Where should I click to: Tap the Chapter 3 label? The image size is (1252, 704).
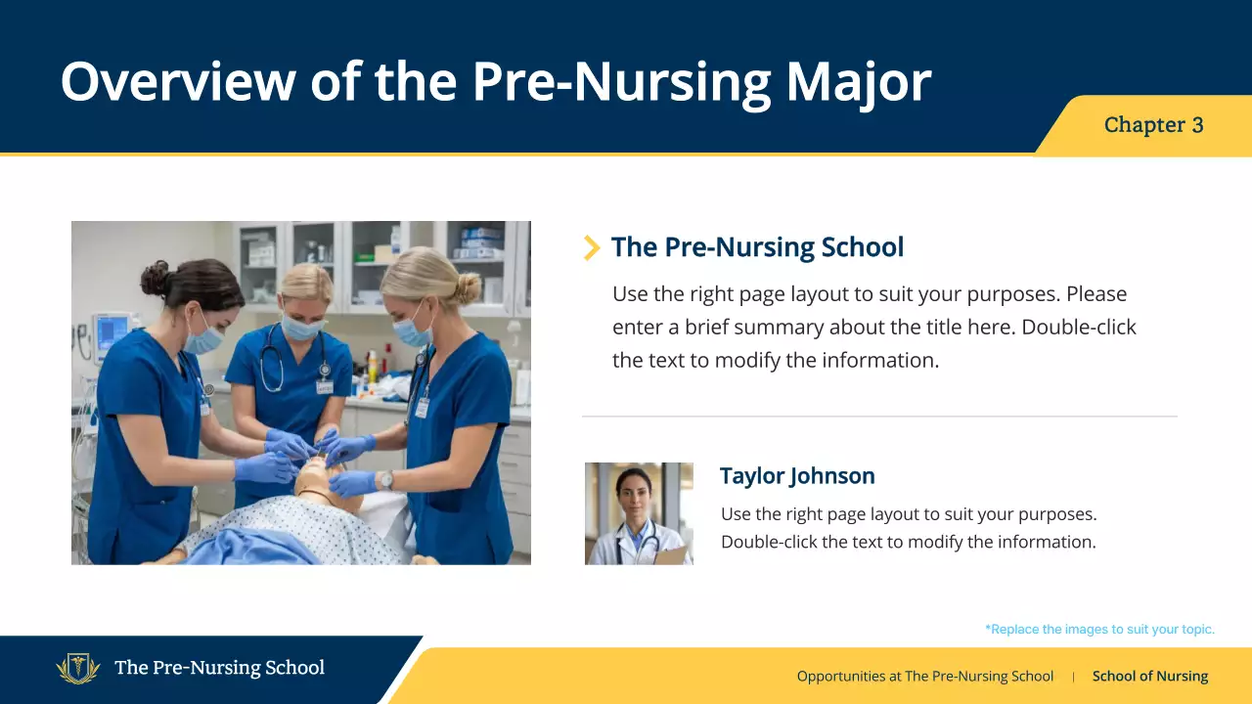click(x=1153, y=125)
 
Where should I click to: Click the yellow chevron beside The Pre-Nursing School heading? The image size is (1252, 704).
click(x=591, y=248)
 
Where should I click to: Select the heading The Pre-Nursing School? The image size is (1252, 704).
click(x=757, y=247)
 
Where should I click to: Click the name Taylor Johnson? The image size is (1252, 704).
click(x=797, y=476)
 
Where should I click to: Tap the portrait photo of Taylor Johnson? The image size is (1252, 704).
click(x=639, y=513)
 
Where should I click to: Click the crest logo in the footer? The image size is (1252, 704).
click(x=78, y=669)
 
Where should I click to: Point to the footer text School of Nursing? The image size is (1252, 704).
click(x=1149, y=676)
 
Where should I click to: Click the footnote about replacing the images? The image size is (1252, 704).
click(x=1099, y=630)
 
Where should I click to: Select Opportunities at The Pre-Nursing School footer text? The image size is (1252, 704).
click(x=924, y=676)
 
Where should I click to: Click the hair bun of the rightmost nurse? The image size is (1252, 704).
click(x=469, y=287)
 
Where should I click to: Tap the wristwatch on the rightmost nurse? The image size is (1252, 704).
click(x=387, y=480)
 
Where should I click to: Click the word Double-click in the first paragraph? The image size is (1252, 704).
click(x=1079, y=327)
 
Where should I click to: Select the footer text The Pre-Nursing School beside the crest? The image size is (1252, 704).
click(x=219, y=669)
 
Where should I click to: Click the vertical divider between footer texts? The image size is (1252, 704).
click(x=1073, y=676)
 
